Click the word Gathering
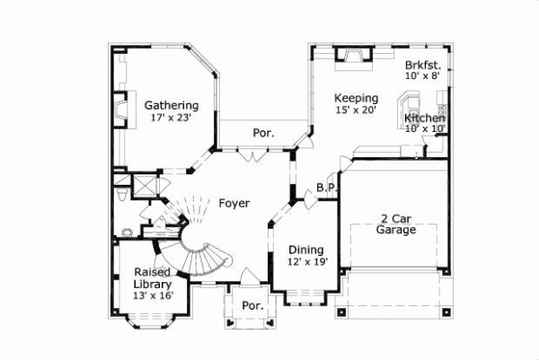tap(172, 105)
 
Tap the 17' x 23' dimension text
tap(172, 118)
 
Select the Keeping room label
tap(356, 98)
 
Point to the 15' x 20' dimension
tap(356, 110)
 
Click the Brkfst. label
tap(422, 65)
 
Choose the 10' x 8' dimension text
tap(422, 76)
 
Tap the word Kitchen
tap(425, 118)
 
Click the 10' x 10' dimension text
tap(425, 129)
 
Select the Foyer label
tap(234, 203)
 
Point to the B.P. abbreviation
tap(326, 188)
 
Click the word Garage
tap(396, 230)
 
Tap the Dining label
tap(306, 250)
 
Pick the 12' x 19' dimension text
tap(306, 262)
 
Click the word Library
tap(154, 284)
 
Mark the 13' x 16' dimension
tap(154, 295)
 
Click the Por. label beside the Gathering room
tap(262, 133)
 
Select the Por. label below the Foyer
tap(252, 306)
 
